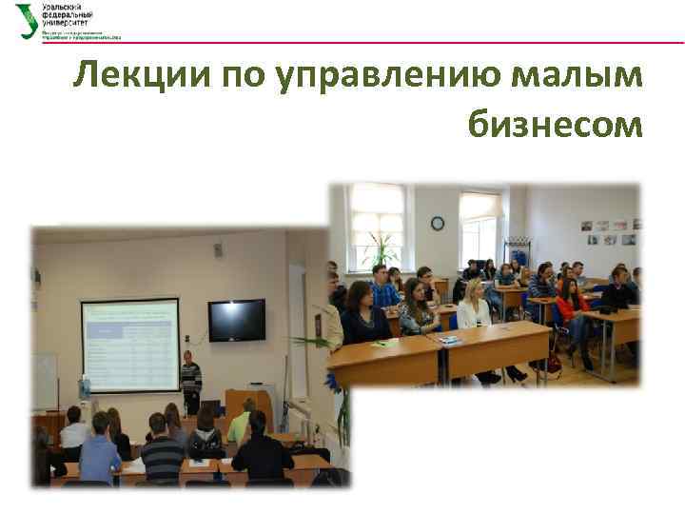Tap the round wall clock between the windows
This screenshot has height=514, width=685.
click(x=437, y=223)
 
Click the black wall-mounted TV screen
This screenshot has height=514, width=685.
click(x=236, y=320)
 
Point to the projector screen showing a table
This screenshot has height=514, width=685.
click(x=129, y=344)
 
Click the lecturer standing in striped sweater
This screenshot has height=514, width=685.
click(x=190, y=381)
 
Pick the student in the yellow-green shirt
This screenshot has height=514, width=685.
click(x=240, y=424)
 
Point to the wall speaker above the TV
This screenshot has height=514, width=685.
click(x=218, y=249)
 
